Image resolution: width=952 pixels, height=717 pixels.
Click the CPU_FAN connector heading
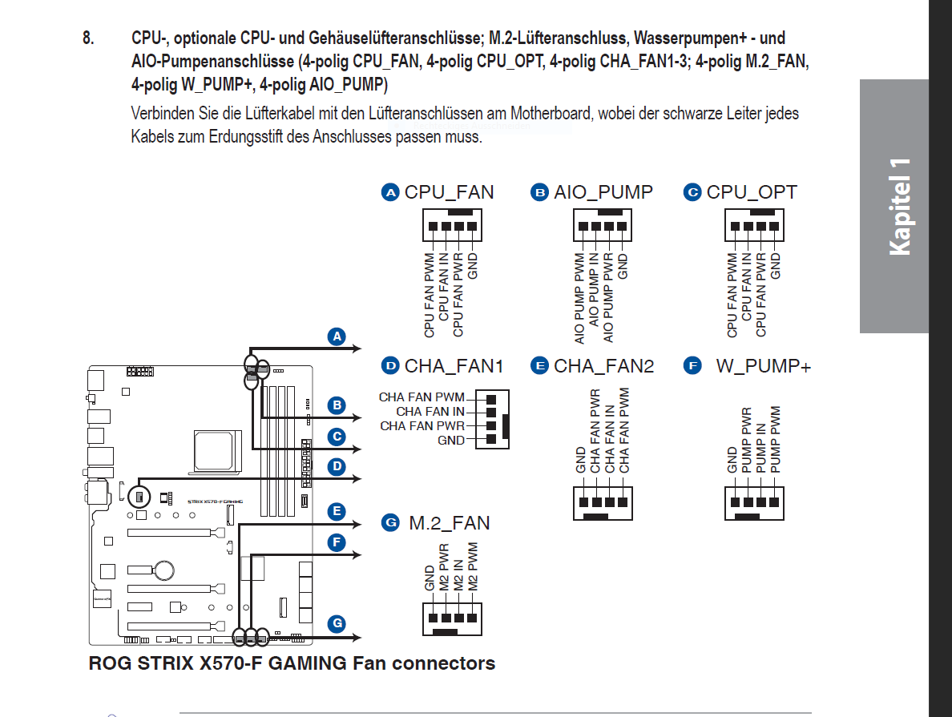449,192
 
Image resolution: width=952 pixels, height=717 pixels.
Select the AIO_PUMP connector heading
603,192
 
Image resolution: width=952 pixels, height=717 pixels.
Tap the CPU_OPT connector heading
752,192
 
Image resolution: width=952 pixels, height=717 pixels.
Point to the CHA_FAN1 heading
454,366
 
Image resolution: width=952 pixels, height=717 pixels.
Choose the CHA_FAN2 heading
603,366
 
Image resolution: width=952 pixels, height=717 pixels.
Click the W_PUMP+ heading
763,366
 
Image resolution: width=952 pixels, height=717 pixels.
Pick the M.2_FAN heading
449,523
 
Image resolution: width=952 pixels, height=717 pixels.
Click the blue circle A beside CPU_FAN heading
390,192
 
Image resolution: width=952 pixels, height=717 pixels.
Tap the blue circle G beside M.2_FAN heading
390,523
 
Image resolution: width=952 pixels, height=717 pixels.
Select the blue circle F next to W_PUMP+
692,366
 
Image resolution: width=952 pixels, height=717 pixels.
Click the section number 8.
88,38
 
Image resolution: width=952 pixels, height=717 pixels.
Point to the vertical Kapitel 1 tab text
899,207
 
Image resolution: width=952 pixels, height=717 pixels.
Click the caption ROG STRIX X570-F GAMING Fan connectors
292,663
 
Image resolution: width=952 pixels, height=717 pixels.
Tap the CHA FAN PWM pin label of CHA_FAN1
422,397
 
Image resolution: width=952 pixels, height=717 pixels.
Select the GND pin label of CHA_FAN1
451,441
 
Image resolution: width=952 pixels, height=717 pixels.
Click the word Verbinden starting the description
160,113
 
